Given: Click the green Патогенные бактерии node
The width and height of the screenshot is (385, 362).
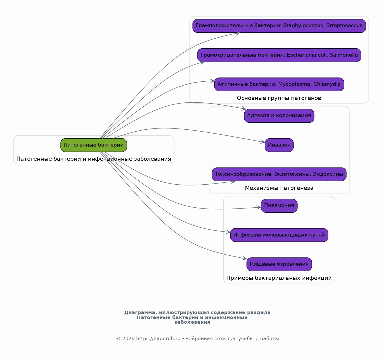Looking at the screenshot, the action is pyautogui.click(x=94, y=145).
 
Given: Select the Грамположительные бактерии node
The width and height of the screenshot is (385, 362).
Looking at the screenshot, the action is pyautogui.click(x=279, y=26).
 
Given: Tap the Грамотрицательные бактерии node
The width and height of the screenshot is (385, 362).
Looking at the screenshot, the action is pyautogui.click(x=279, y=55).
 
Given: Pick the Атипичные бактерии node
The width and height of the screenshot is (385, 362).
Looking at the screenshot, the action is pyautogui.click(x=279, y=84).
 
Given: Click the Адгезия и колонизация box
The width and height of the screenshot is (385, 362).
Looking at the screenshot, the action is pyautogui.click(x=279, y=116).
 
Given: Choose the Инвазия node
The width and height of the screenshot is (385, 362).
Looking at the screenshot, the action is pyautogui.click(x=279, y=145).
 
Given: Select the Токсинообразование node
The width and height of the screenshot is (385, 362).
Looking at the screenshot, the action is pyautogui.click(x=279, y=174).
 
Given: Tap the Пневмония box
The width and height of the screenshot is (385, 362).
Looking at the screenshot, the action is pyautogui.click(x=279, y=206).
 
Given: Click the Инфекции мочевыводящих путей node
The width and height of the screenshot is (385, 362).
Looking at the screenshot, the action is pyautogui.click(x=279, y=235).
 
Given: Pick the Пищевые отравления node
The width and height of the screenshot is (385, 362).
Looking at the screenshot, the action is pyautogui.click(x=279, y=264).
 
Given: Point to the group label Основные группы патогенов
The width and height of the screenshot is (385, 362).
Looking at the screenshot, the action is pyautogui.click(x=279, y=98).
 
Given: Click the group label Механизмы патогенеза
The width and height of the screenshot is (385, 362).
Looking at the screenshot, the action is pyautogui.click(x=279, y=188).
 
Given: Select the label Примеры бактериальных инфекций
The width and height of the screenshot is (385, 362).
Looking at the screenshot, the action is pyautogui.click(x=279, y=278).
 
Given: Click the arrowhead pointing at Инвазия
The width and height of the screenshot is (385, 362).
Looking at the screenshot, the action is pyautogui.click(x=263, y=142).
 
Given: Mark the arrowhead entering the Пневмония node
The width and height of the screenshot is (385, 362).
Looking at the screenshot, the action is pyautogui.click(x=259, y=207).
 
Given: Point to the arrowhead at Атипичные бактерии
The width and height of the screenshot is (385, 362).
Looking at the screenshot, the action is pyautogui.click(x=212, y=81).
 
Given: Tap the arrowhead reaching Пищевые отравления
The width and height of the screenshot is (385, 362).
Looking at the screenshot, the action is pyautogui.click(x=244, y=258).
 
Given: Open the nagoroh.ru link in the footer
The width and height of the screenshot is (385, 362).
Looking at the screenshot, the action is pyautogui.click(x=158, y=338).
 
